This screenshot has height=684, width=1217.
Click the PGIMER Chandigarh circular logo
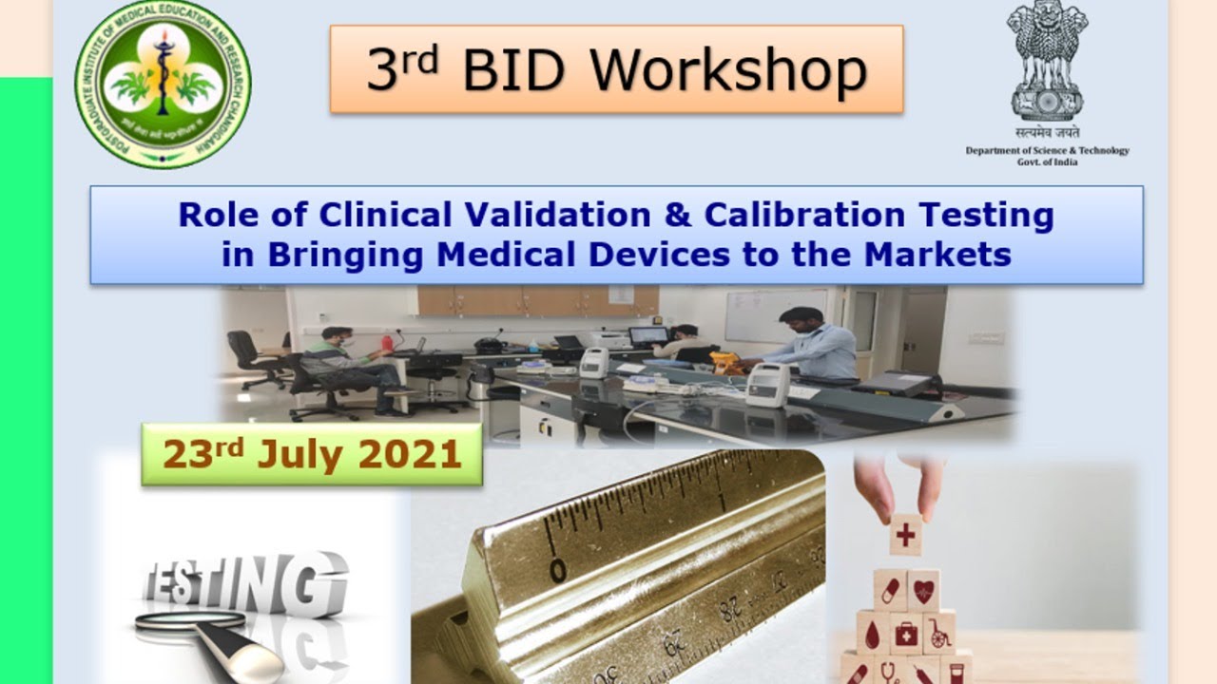coord(163,84)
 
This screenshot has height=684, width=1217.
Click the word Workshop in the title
coord(727,70)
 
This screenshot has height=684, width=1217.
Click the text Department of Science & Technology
coord(1048,150)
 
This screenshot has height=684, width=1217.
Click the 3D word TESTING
coord(245,581)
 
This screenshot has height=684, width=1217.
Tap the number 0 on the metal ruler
coord(558,570)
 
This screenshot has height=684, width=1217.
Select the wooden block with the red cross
coord(906,535)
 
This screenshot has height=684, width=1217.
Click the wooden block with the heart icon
coord(923,590)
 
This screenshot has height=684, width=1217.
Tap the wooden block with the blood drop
coord(873,632)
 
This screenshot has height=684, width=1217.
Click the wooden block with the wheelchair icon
coord(939,632)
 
